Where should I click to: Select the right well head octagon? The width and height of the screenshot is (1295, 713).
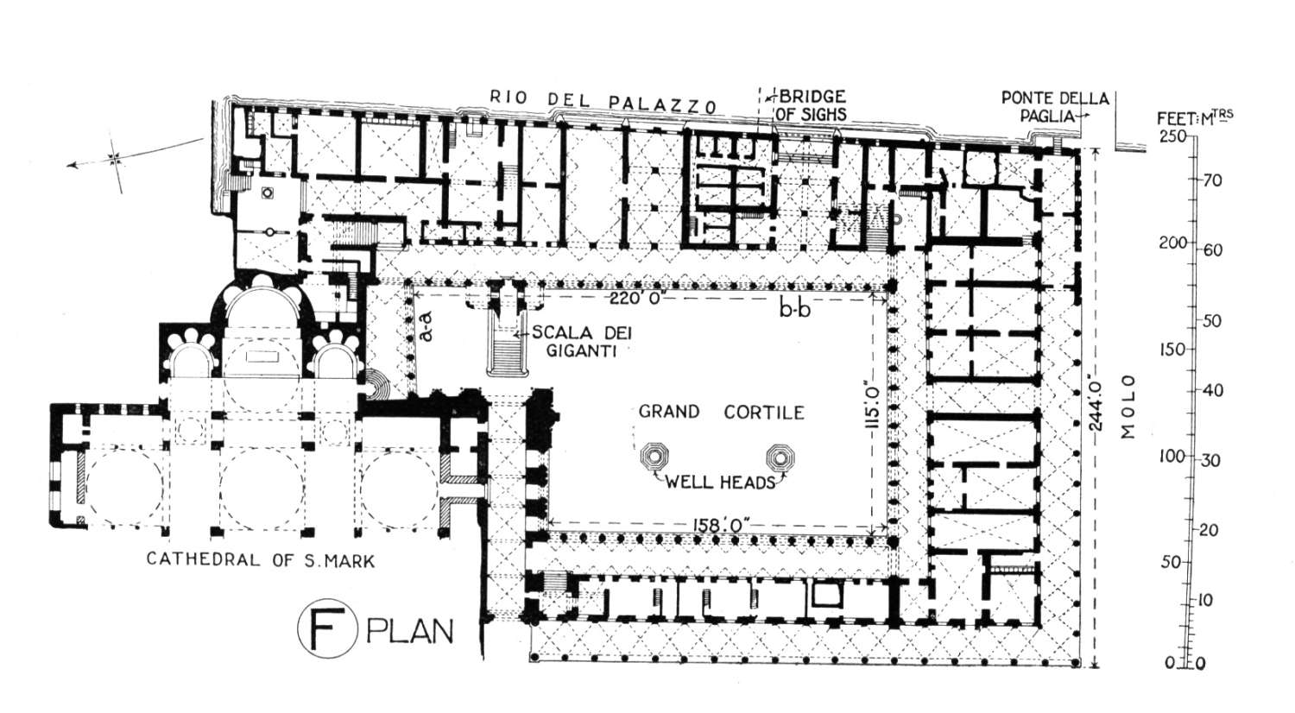point(780,457)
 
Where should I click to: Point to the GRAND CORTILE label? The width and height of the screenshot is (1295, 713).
point(721,413)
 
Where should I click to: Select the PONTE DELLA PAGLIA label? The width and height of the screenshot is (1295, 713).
point(1054,107)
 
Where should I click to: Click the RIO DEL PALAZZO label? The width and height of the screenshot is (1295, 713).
point(603,101)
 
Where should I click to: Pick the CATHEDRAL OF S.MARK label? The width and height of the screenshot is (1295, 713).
point(261,559)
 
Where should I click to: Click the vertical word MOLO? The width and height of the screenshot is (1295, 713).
point(1128,407)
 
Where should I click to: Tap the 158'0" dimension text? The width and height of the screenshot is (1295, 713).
point(720,525)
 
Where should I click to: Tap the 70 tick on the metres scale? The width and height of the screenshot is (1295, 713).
point(1208,181)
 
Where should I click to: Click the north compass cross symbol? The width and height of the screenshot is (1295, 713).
point(115,158)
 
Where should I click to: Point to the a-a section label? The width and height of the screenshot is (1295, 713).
point(428,329)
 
